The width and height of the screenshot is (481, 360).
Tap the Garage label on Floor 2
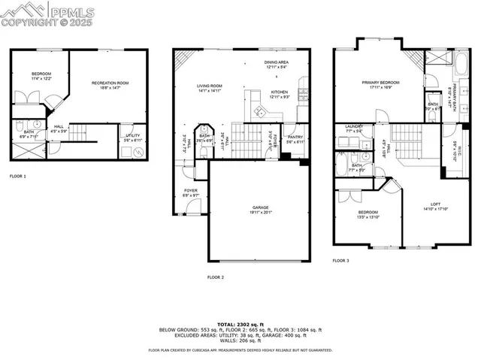[x=259, y=208]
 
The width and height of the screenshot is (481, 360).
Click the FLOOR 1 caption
[x=17, y=176]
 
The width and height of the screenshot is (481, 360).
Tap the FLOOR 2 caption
[x=216, y=277]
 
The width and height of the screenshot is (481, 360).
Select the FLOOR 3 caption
[x=341, y=261]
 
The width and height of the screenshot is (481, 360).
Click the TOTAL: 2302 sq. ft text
[x=240, y=323]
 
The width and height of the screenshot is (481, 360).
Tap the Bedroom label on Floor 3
[x=368, y=214]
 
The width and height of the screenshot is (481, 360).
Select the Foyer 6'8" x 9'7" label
[x=191, y=192]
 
